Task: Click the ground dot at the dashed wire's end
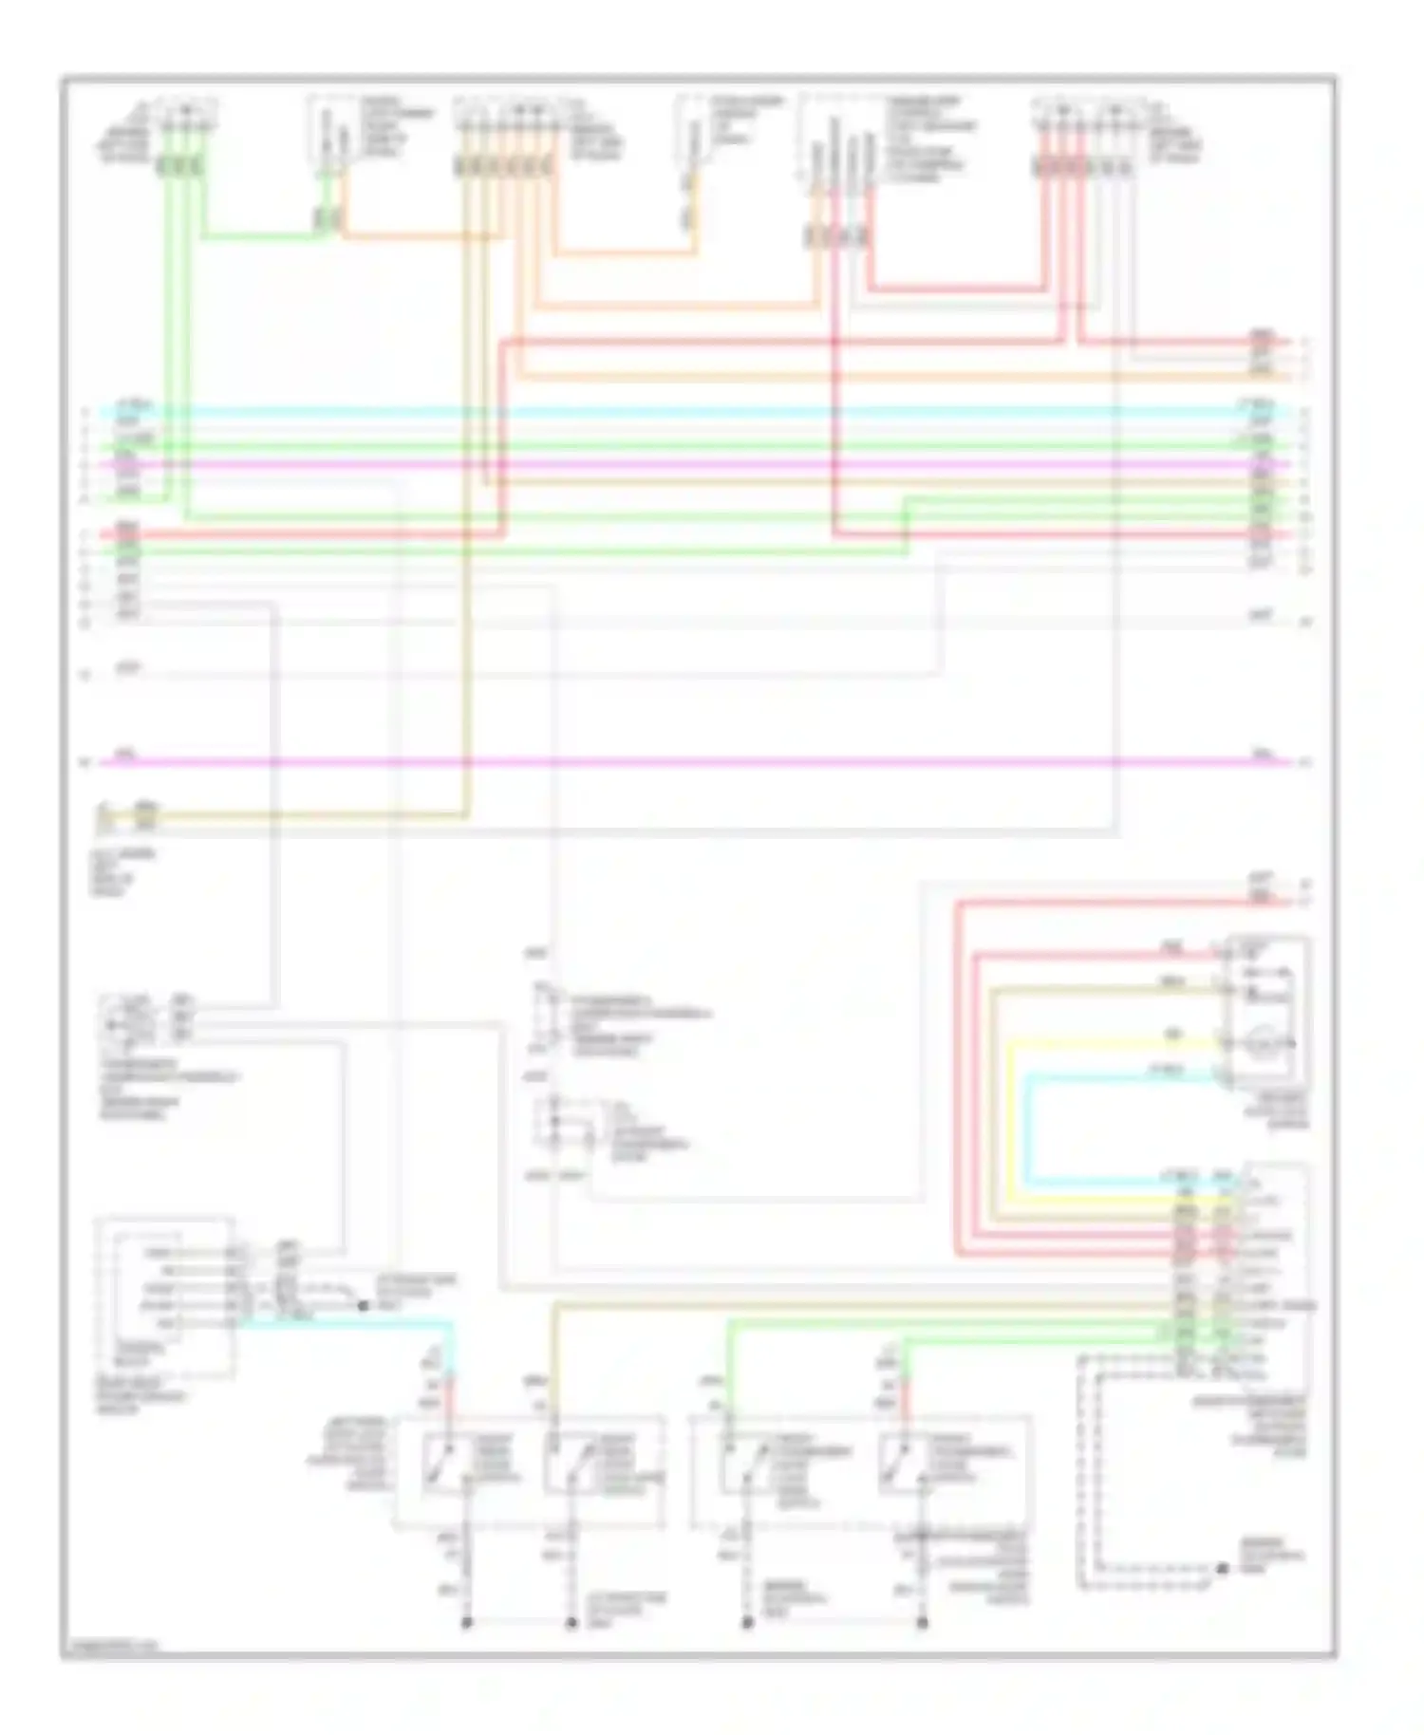click(1223, 1569)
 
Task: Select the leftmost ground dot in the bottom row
click(466, 1623)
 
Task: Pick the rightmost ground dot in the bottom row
click(922, 1623)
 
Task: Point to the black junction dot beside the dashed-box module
click(363, 1306)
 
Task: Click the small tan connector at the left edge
click(144, 812)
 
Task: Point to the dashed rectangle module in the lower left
click(163, 1296)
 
